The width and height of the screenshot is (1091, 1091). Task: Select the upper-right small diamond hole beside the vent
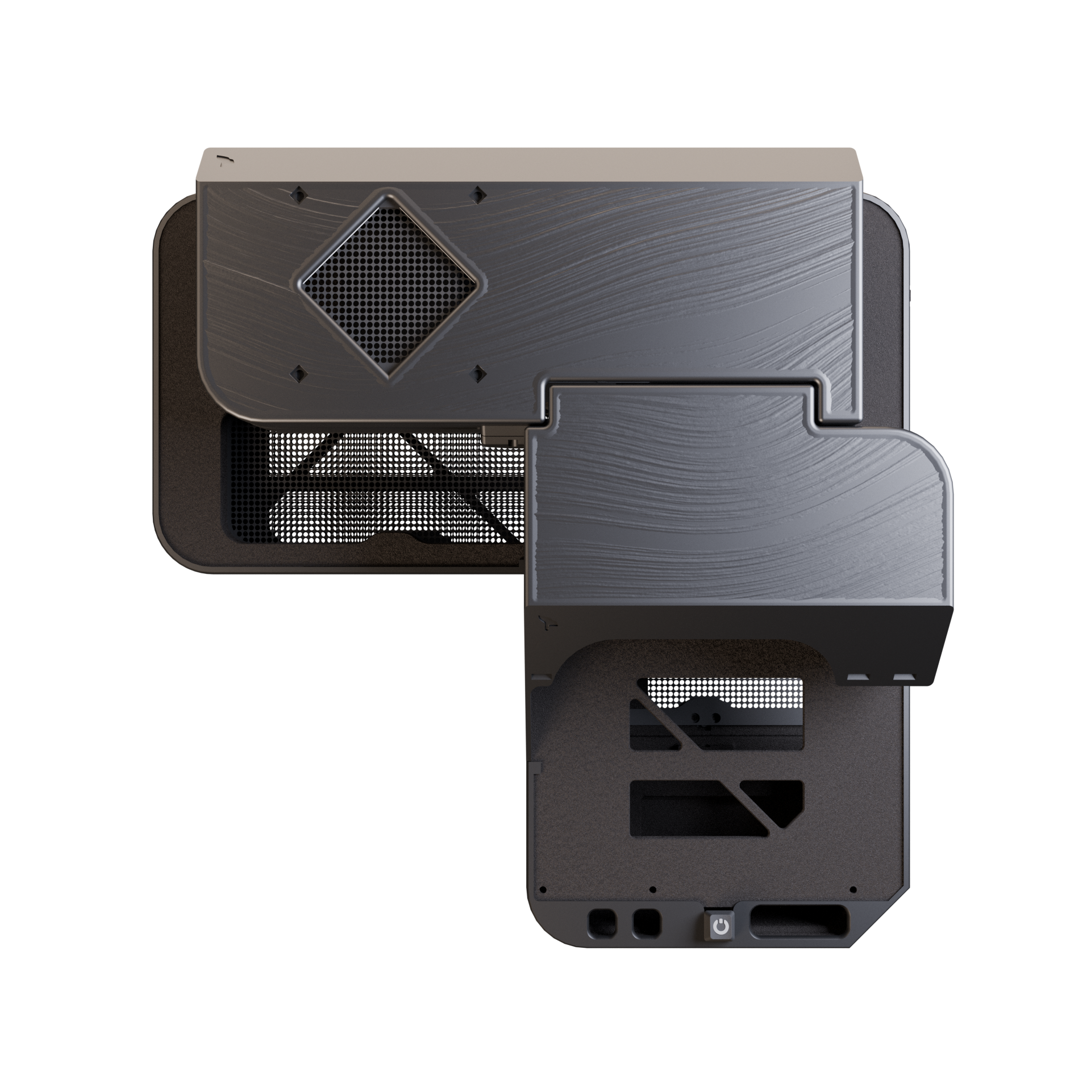pos(478,195)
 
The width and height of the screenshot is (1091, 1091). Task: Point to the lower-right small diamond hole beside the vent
pos(478,373)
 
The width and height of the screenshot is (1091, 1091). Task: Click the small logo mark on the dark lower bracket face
pos(546,624)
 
